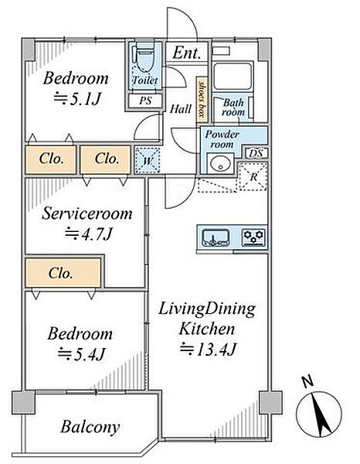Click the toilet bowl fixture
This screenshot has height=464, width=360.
(x=144, y=60)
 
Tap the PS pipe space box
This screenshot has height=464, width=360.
(x=145, y=101)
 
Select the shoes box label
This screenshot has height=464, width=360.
(x=202, y=99)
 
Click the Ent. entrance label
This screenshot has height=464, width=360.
(x=187, y=53)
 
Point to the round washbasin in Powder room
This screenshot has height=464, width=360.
(x=220, y=164)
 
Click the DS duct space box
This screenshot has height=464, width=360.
(x=256, y=153)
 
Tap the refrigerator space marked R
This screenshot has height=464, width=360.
(x=253, y=176)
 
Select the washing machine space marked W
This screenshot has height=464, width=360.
(x=148, y=160)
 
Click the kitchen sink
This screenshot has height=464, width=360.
(x=216, y=238)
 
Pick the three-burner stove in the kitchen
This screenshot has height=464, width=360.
(x=253, y=237)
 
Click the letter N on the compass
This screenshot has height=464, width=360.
(x=307, y=381)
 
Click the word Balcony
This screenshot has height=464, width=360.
(x=90, y=427)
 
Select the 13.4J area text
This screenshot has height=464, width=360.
(x=209, y=350)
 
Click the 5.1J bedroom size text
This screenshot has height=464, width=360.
(x=77, y=99)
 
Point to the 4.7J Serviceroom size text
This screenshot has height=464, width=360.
(x=89, y=234)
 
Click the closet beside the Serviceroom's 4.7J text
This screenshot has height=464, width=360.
(x=63, y=272)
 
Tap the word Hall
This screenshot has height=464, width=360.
(x=181, y=109)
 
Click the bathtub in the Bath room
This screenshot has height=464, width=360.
(x=233, y=76)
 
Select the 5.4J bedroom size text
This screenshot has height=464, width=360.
(x=82, y=353)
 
